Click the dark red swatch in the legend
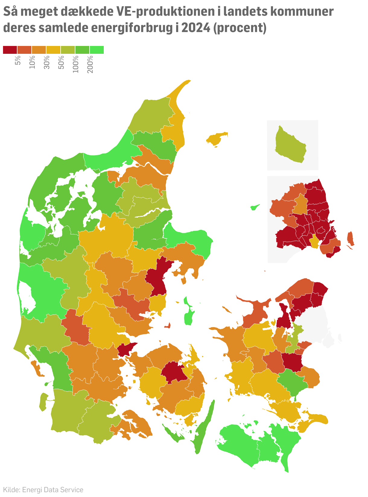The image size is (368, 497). coord(10,50)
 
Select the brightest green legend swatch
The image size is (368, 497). coord(97,50)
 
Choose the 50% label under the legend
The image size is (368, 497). coord(61,63)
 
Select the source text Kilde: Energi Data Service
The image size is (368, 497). coord(43,489)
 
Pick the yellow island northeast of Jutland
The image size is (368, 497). coord(216,138)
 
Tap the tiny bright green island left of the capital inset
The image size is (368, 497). coord(255,207)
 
